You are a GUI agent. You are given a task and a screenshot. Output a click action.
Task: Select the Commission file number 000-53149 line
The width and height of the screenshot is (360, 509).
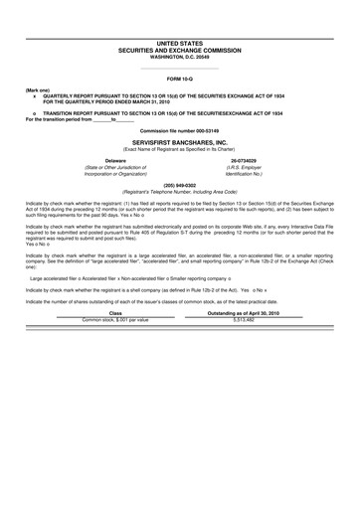(180, 130)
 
